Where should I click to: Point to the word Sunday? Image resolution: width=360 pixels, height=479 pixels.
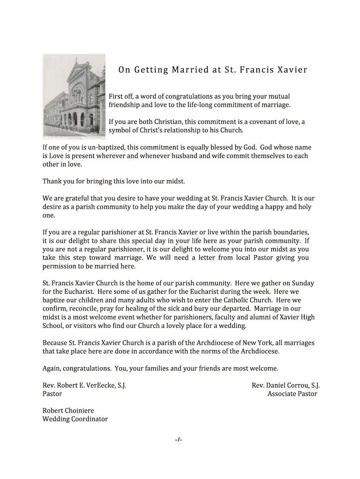pyautogui.click(x=303, y=283)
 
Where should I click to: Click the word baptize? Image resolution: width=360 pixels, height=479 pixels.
pyautogui.click(x=54, y=300)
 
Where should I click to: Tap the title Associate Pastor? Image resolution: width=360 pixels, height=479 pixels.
pyautogui.click(x=292, y=394)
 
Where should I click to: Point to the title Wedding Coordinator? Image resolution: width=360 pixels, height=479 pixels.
pyautogui.click(x=75, y=419)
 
